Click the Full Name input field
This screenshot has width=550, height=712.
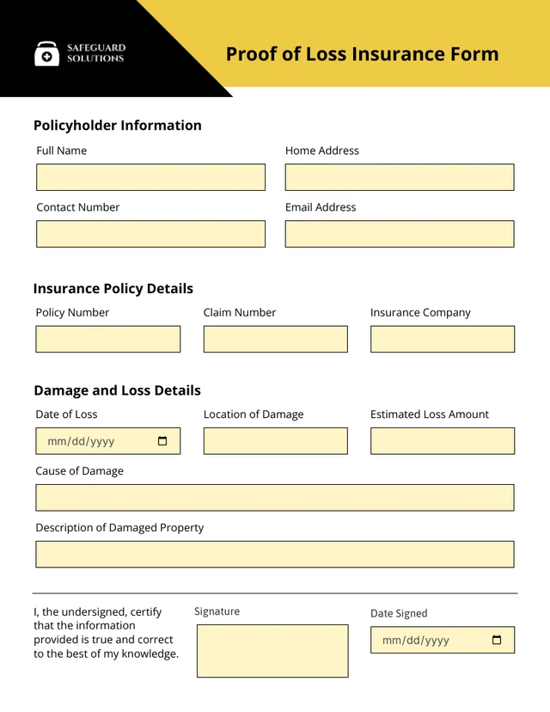[150, 177]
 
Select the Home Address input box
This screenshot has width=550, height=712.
[400, 177]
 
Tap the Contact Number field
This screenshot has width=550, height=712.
[150, 234]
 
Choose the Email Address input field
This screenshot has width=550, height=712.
[400, 234]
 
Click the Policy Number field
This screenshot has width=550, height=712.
[108, 339]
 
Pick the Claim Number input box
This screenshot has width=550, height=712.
[276, 339]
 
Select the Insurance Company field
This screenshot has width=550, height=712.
[443, 339]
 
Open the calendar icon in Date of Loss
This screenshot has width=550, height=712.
[163, 441]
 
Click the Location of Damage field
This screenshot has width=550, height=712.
[276, 441]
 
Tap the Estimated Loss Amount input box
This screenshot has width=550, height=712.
[443, 441]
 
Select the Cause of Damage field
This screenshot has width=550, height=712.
[275, 498]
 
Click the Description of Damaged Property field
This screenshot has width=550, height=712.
[275, 555]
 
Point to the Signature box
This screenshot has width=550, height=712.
[272, 651]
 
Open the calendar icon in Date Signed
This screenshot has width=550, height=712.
[497, 640]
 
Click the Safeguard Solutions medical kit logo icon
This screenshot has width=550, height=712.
[47, 54]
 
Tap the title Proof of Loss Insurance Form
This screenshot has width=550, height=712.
[362, 54]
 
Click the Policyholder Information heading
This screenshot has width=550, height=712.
[118, 126]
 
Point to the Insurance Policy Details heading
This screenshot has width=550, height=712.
[113, 289]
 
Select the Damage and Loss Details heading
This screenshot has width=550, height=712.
[117, 390]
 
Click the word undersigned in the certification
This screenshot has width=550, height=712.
[95, 611]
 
